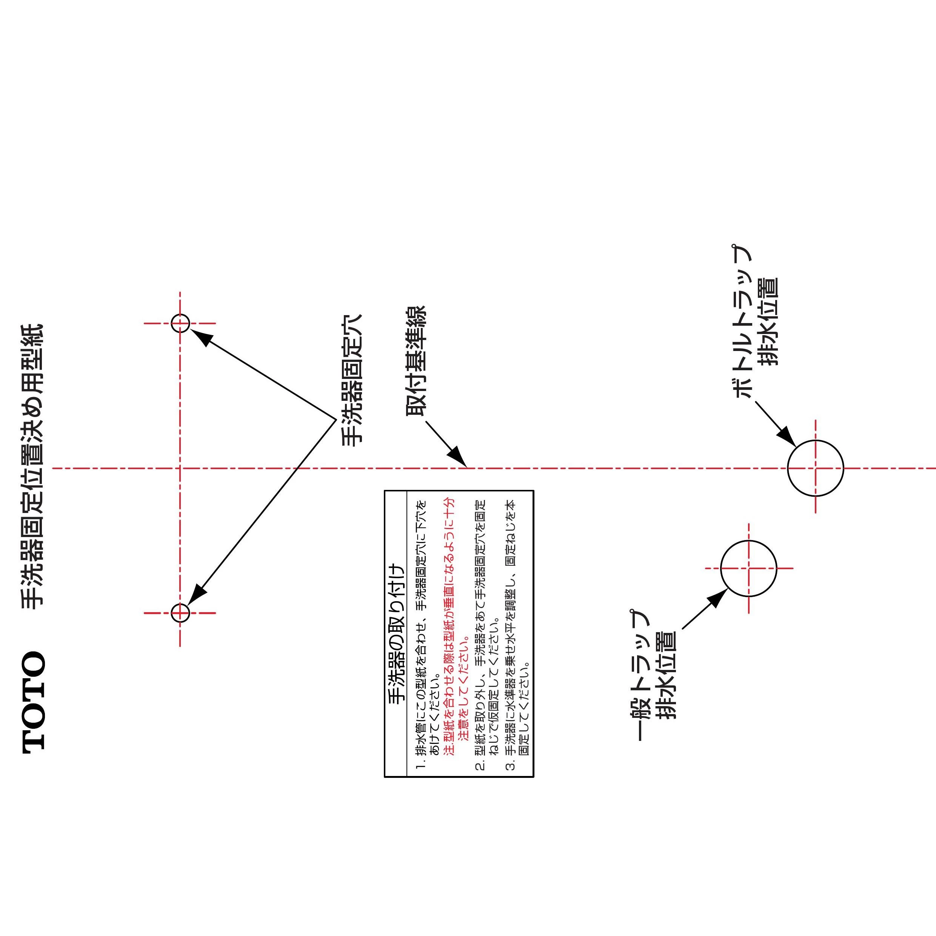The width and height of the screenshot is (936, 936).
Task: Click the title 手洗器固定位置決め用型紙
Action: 32,466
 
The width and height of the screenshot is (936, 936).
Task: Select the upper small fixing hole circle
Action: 180,323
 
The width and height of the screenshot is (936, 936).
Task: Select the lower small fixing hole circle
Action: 180,613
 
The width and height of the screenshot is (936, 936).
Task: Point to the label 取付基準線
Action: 415,361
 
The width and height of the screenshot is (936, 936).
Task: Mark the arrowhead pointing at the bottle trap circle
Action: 786,436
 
